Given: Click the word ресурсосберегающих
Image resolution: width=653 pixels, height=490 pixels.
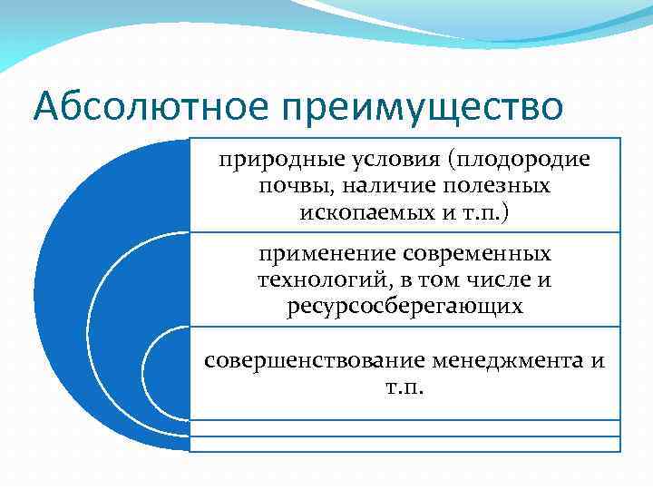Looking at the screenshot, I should pos(404,307).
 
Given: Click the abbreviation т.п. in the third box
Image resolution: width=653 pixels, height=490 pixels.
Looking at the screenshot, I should pos(404,387).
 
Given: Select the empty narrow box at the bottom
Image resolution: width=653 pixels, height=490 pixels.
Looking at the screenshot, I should pos(404,444).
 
